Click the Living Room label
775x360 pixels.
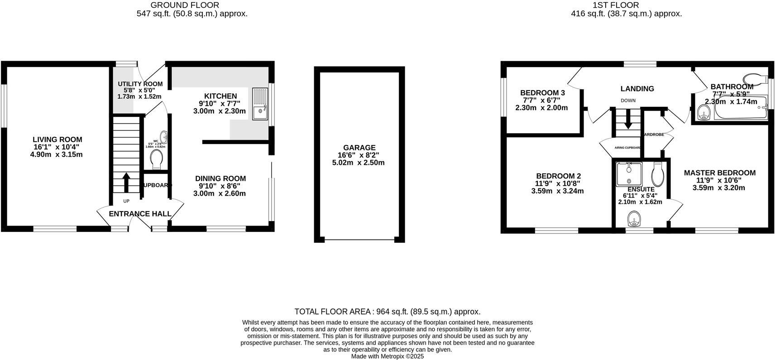pyautogui.click(x=57, y=139)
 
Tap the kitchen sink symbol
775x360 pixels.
pyautogui.click(x=260, y=104)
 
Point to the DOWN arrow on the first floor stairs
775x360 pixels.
pyautogui.click(x=628, y=119)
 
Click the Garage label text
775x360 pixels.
pyautogui.click(x=359, y=148)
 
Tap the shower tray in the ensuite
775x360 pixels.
pyautogui.click(x=629, y=173)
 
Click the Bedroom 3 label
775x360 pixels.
pyautogui.click(x=542, y=93)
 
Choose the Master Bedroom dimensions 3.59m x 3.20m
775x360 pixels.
pyautogui.click(x=719, y=188)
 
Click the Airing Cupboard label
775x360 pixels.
pyautogui.click(x=627, y=148)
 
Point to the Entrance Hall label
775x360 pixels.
pyautogui.click(x=140, y=214)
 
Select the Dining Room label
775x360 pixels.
pyautogui.click(x=220, y=178)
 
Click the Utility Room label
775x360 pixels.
pyautogui.click(x=140, y=84)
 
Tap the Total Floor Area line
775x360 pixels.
pyautogui.click(x=387, y=312)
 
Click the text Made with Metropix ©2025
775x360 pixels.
pyautogui.click(x=387, y=356)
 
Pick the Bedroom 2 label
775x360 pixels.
pyautogui.click(x=558, y=176)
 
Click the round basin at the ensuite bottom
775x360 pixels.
pyautogui.click(x=635, y=221)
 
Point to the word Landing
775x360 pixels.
pyautogui.click(x=637, y=89)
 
